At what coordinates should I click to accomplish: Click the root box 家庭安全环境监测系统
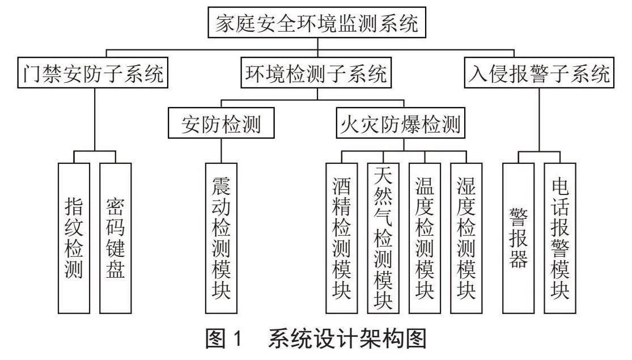[317, 23]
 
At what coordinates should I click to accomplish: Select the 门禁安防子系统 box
[93, 73]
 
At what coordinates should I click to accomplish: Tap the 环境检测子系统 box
[316, 73]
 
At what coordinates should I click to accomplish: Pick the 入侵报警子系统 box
[539, 73]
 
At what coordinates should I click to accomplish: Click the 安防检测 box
[221, 123]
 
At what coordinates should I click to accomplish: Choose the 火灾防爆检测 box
[401, 123]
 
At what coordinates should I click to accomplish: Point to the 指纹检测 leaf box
[74, 238]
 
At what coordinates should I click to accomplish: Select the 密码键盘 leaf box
[116, 238]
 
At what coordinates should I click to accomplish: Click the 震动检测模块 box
[221, 238]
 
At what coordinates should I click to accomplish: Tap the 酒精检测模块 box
[342, 238]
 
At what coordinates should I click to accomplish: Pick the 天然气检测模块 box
[383, 238]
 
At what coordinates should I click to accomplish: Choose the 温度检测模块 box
[425, 238]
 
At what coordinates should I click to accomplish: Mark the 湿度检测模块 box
[466, 238]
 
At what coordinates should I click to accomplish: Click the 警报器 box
[519, 238]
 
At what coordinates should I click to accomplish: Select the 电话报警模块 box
[560, 238]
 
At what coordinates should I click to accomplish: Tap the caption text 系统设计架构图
[347, 338]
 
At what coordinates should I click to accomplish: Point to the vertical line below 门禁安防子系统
[95, 120]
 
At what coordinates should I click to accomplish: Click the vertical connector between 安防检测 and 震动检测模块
[221, 151]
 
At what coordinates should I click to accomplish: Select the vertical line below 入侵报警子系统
[539, 120]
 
